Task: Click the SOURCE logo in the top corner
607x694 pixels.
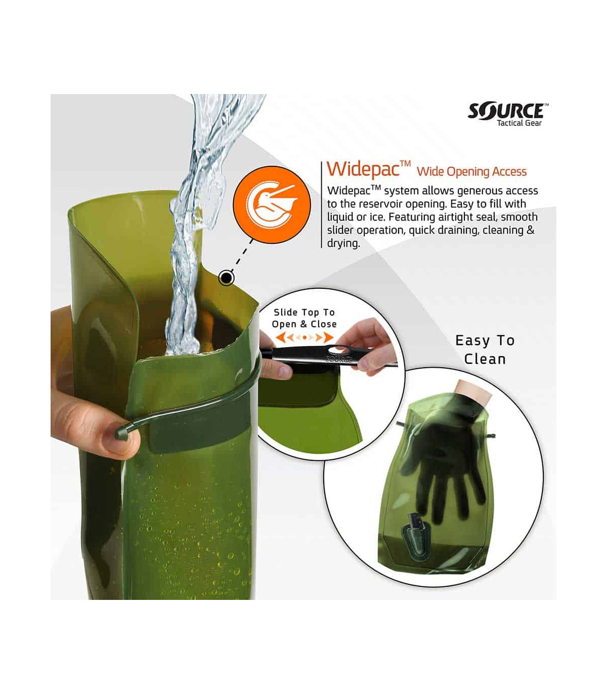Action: point(508,111)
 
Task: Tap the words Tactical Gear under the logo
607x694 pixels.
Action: point(519,123)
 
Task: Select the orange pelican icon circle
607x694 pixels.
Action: point(272,205)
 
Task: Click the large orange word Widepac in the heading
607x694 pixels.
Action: point(363,169)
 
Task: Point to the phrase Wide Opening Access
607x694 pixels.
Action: point(472,171)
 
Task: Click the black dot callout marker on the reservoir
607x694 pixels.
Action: point(226,278)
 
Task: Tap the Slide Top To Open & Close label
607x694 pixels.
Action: point(304,318)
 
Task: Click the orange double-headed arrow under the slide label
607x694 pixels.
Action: point(304,337)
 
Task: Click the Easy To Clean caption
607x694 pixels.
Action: point(485,350)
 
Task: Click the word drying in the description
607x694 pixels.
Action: point(343,243)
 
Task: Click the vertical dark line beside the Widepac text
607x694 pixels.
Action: point(321,205)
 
